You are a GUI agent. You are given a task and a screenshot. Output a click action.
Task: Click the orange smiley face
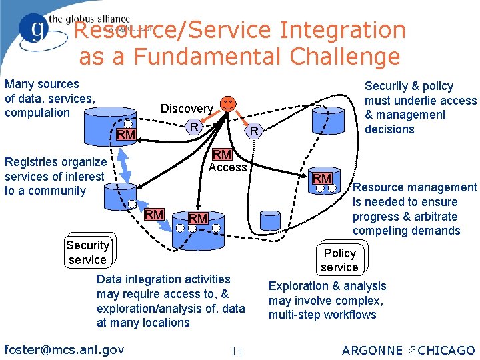click(228, 103)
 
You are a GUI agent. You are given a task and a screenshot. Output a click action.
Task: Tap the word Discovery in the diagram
click(187, 109)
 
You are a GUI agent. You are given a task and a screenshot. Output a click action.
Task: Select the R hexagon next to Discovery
click(193, 127)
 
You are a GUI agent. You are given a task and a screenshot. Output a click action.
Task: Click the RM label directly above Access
click(221, 155)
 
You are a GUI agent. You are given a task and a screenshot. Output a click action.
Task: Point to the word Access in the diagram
click(228, 167)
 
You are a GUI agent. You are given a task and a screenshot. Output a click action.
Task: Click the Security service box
click(87, 253)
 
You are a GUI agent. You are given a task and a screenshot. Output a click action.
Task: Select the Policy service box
click(340, 260)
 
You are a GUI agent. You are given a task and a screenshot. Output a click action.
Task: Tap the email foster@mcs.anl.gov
click(64, 349)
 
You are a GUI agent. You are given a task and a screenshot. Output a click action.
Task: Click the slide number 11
click(237, 351)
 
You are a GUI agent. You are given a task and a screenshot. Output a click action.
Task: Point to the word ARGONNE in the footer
click(372, 351)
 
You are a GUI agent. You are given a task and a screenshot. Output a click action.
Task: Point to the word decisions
click(390, 129)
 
